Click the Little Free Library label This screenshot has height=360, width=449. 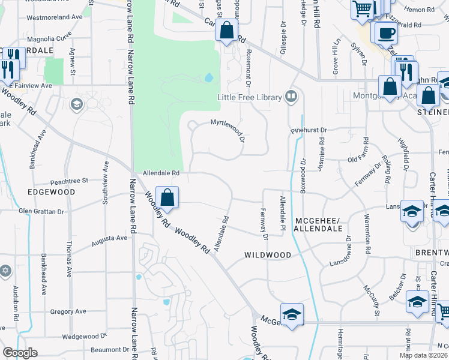tap(249, 97)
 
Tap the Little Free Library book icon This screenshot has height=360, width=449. tap(291, 96)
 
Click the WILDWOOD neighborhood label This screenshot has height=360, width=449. tap(268, 255)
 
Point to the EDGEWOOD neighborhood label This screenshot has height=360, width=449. tap(51, 192)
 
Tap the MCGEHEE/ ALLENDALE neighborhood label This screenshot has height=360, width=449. tap(318, 224)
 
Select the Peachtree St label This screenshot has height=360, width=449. tap(69, 180)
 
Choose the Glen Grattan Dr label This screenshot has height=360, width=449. tap(41, 211)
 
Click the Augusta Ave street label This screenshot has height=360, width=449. tap(109, 241)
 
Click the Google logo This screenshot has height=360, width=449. tap(20, 353)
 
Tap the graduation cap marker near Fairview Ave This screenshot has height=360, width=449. tap(76, 105)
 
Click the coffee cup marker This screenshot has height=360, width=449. tap(385, 32)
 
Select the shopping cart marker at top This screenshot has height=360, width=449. tap(363, 10)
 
